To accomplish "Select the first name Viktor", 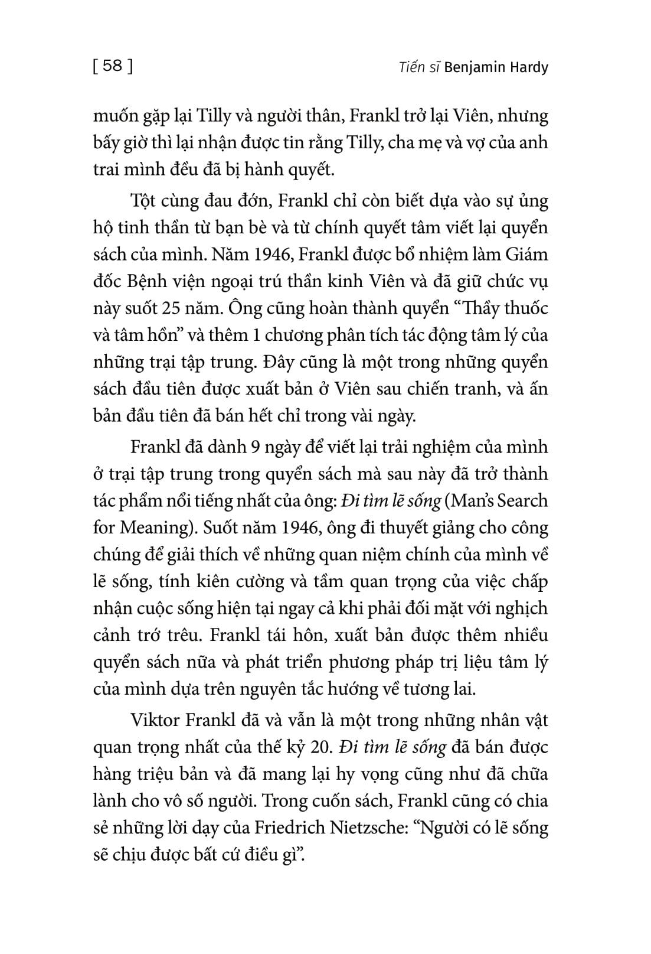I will tap(154, 720).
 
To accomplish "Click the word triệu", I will tap(156, 774).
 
